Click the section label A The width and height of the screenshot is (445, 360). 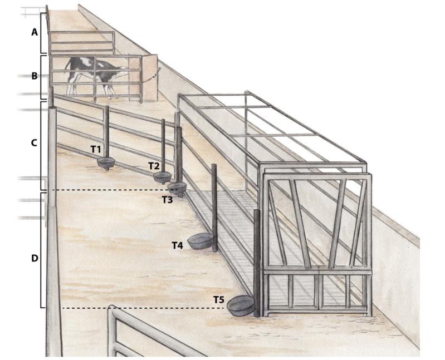[x=35, y=32]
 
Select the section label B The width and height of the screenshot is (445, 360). [x=35, y=76]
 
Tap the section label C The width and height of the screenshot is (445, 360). [x=34, y=143]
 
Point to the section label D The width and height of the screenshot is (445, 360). [x=35, y=258]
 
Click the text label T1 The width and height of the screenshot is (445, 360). [x=96, y=149]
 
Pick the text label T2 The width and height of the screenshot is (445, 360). [x=154, y=166]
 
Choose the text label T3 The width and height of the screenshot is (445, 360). [x=168, y=200]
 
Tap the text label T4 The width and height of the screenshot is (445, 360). [x=178, y=245]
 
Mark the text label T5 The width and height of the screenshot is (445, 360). [x=219, y=299]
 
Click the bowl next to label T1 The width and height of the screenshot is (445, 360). [x=106, y=162]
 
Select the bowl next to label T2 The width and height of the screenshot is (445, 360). [x=163, y=177]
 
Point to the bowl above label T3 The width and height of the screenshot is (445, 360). [x=177, y=188]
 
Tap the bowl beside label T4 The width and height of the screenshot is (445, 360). [x=201, y=241]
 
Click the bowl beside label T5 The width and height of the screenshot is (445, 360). [x=241, y=305]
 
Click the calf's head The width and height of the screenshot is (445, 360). [x=123, y=70]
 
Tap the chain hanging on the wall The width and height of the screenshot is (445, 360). [x=151, y=76]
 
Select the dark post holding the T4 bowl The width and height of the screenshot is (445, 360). [x=214, y=208]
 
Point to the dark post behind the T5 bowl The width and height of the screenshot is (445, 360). [x=257, y=263]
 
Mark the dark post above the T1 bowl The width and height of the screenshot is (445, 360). [x=107, y=132]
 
